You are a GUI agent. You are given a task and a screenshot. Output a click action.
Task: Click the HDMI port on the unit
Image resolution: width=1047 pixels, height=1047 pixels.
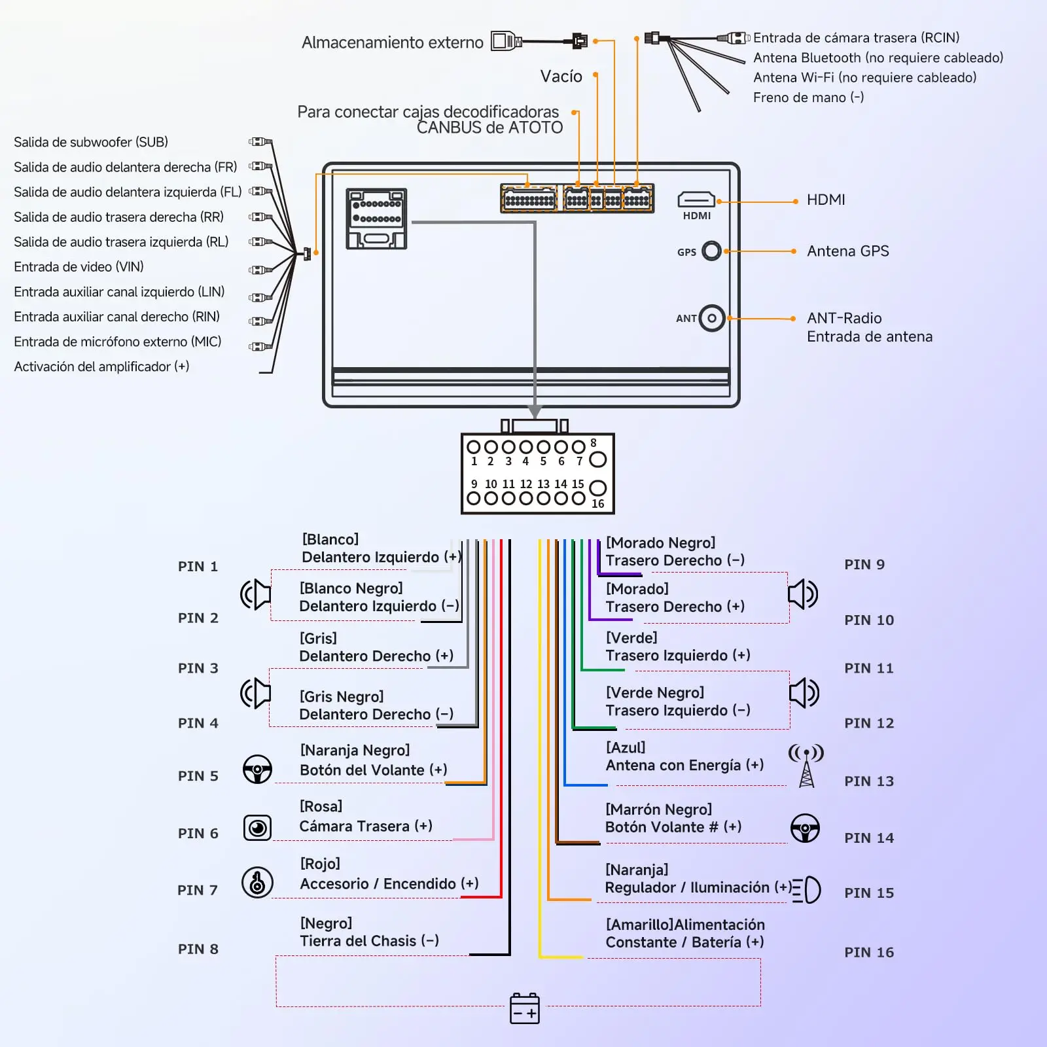(696, 199)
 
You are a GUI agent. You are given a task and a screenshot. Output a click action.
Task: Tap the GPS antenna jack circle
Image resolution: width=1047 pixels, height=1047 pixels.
(711, 251)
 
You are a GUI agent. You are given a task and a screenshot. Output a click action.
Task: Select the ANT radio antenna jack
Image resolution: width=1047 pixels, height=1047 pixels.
(712, 319)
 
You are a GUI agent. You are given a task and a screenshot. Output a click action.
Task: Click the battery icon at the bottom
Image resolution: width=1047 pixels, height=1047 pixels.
(525, 1008)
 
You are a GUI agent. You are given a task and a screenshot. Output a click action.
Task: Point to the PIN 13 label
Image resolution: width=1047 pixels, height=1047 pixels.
(869, 781)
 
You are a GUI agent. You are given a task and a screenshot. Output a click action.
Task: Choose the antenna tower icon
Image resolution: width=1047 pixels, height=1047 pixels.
(806, 765)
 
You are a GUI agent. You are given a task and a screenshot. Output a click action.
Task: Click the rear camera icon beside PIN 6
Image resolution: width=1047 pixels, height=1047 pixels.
(258, 828)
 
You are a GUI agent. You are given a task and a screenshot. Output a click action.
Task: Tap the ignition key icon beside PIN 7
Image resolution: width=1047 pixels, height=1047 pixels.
(258, 883)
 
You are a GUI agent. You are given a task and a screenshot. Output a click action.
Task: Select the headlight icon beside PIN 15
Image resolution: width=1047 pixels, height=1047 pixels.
(806, 890)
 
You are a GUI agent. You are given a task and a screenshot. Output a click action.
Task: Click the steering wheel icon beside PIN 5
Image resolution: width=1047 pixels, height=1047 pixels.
(258, 769)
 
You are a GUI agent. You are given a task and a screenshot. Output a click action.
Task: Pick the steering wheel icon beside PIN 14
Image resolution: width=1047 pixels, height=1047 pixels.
(806, 828)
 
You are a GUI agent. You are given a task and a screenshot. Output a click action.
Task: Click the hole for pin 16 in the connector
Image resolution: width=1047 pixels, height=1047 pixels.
(597, 488)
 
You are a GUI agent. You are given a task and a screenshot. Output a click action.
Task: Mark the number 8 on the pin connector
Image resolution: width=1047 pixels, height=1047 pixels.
(594, 443)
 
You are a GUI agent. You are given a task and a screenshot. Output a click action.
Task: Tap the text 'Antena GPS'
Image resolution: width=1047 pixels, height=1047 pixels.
(848, 251)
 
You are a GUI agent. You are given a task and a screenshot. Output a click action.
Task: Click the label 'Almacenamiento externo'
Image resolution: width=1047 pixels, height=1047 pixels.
(393, 43)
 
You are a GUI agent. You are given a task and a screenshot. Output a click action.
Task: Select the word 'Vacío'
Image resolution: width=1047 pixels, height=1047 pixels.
(561, 76)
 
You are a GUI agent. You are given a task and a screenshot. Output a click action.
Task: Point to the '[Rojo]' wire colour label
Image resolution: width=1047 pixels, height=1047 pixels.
(320, 864)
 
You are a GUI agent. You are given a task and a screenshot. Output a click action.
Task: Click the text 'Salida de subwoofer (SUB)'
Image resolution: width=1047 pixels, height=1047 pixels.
(91, 142)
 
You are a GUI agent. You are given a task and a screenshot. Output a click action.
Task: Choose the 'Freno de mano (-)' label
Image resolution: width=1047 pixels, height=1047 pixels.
(809, 98)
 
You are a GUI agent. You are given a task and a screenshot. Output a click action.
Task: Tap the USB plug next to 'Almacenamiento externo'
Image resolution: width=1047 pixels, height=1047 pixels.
(506, 41)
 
